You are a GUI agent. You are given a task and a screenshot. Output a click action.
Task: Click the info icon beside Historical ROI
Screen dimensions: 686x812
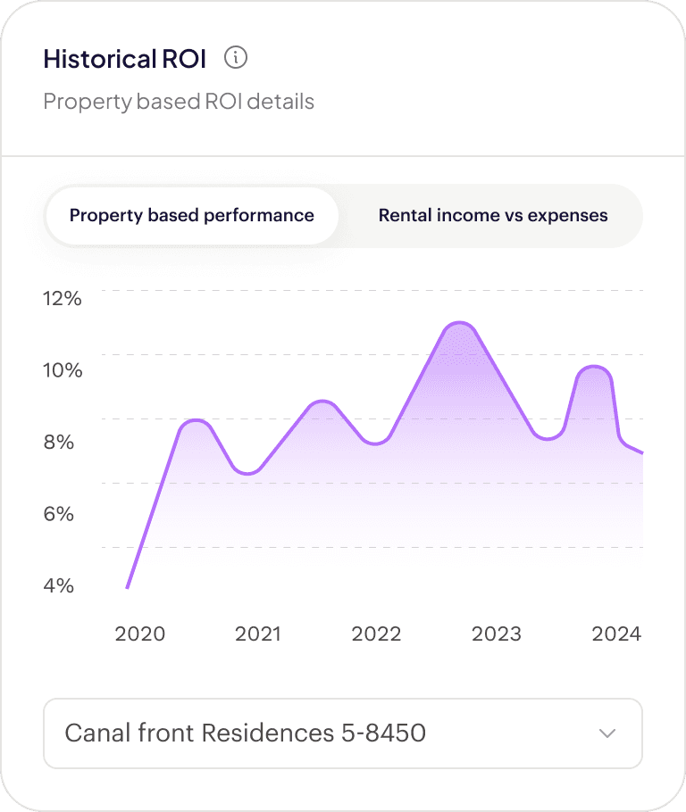tap(236, 57)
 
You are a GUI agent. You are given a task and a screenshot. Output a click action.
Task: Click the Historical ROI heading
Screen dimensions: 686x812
tap(125, 59)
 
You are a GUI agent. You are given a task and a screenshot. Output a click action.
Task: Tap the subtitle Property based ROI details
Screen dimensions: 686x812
tap(179, 102)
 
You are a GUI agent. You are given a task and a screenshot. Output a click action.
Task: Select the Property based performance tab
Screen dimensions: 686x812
tap(192, 215)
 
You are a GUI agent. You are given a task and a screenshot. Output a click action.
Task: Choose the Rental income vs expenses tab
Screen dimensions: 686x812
tap(492, 215)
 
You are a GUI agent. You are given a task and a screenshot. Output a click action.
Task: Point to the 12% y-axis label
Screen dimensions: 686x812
tap(63, 299)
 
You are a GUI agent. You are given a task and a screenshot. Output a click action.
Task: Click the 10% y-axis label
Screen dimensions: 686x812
tap(63, 370)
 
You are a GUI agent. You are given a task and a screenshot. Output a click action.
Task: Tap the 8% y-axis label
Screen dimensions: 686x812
tap(59, 443)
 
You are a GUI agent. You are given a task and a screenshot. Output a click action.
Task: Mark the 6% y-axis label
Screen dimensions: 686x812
tap(59, 514)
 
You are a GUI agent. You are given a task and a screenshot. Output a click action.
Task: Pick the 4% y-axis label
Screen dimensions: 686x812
tap(59, 585)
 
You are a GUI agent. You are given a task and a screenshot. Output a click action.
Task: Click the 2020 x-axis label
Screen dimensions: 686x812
tap(140, 634)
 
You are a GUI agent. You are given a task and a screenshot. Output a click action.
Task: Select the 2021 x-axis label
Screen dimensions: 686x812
tap(258, 634)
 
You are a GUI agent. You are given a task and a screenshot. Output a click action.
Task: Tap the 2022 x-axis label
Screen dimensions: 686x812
tap(376, 634)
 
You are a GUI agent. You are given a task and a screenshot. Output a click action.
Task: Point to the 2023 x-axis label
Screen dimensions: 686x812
tap(497, 634)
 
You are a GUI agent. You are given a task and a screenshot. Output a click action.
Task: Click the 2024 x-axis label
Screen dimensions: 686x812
tap(616, 634)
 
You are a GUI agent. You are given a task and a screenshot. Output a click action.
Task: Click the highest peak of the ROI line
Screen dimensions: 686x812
tap(460, 323)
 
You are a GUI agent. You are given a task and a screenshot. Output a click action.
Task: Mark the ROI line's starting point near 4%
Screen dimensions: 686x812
tap(128, 587)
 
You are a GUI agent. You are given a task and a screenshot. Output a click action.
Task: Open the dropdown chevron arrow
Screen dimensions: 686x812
tap(607, 733)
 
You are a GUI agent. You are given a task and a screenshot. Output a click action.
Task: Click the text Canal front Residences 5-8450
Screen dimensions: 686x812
tap(246, 733)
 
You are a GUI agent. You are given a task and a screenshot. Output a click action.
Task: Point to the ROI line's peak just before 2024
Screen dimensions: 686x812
tap(594, 367)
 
